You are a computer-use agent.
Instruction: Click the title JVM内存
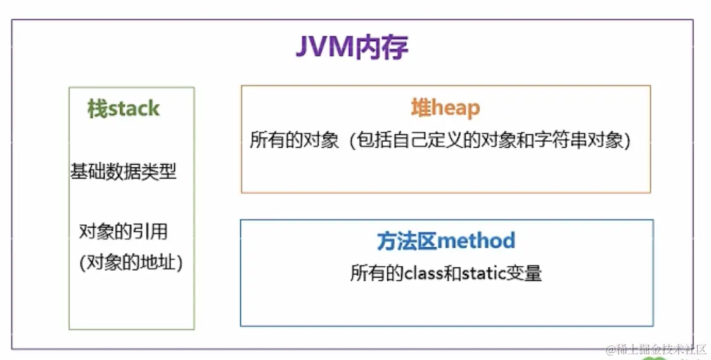tap(352, 48)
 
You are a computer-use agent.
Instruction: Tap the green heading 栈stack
tap(124, 109)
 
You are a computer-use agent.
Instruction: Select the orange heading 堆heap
tap(445, 108)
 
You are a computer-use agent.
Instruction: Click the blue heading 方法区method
tap(445, 241)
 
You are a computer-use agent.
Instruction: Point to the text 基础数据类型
tap(124, 171)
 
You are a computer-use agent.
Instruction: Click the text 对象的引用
tap(124, 231)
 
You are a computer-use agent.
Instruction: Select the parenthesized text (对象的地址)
tap(131, 262)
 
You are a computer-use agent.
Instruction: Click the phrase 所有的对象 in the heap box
tap(295, 140)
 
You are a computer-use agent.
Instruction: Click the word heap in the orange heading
tap(456, 108)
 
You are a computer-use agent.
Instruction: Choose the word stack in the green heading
tap(133, 109)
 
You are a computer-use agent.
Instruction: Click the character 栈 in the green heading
tap(96, 109)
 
